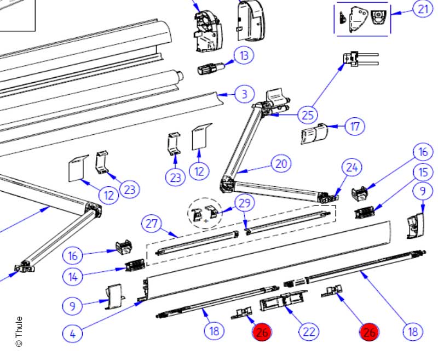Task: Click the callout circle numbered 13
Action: click(244, 55)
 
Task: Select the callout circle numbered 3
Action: click(244, 94)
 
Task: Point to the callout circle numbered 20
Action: click(281, 163)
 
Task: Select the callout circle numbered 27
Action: click(152, 224)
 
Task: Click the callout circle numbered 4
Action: click(72, 332)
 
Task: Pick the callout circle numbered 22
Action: click(309, 332)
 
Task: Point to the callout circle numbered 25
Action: click(307, 116)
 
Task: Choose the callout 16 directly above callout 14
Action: click(72, 255)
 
